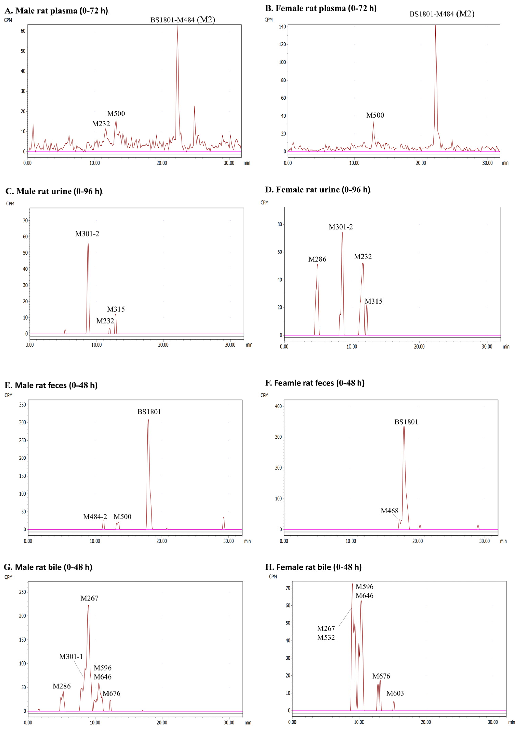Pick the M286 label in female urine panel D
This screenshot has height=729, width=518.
[317, 259]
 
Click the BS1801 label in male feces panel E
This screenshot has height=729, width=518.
[149, 412]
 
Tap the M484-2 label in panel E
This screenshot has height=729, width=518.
[95, 516]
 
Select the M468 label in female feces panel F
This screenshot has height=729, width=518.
[389, 511]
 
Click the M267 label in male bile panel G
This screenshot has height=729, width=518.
[89, 598]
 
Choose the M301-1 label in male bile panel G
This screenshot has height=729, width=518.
[71, 656]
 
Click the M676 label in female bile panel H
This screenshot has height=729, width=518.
[381, 676]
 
